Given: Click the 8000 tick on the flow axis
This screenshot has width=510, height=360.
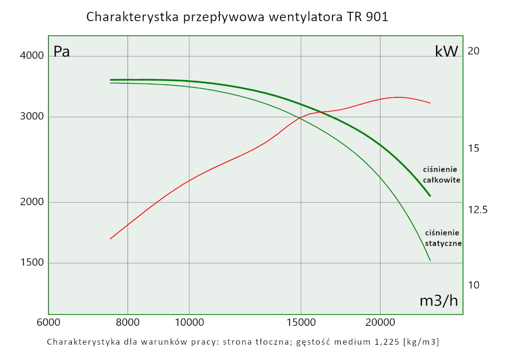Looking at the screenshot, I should point(127,323).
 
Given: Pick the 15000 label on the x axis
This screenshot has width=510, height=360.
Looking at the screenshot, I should point(300,323).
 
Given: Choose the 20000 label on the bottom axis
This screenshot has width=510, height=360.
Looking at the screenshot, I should point(380,323).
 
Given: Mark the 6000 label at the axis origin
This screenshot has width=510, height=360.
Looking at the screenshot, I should point(48,323).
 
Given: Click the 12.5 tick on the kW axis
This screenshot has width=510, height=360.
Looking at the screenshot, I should point(478,210).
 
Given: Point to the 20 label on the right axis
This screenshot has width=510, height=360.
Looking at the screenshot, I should point(474,51).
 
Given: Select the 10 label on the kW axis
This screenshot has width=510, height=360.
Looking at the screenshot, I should point(474,285).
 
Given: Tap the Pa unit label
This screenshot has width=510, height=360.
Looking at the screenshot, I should point(62,52).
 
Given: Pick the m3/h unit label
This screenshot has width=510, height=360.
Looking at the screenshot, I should point(439,301).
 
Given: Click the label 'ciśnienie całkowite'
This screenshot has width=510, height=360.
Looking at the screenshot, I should point(442,174).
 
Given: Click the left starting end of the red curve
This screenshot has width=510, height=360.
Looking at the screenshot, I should point(110,239).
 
